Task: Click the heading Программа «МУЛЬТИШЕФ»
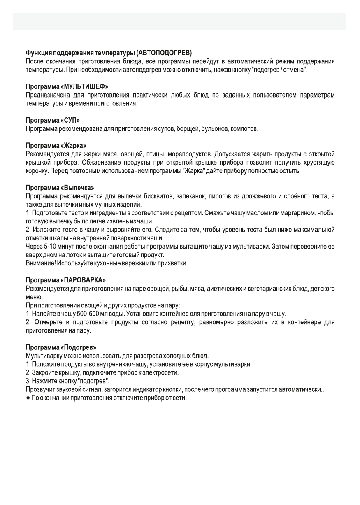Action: point(67,87)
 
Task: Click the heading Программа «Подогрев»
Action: point(61,347)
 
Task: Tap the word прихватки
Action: point(172,263)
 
